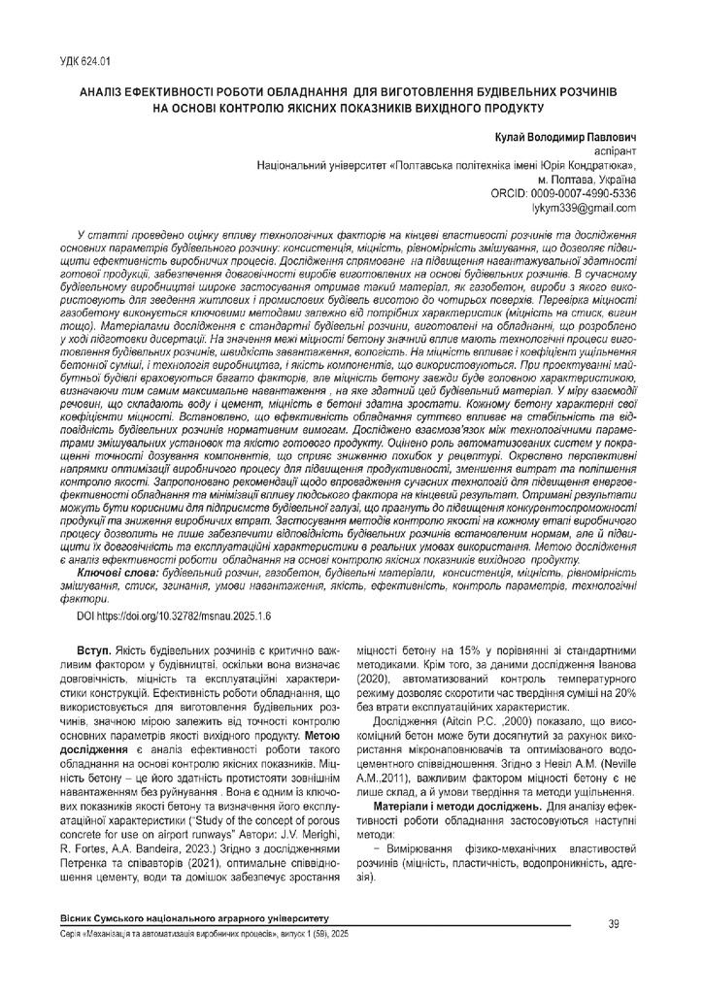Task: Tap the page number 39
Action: click(x=613, y=923)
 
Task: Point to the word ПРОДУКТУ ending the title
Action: click(x=513, y=109)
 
